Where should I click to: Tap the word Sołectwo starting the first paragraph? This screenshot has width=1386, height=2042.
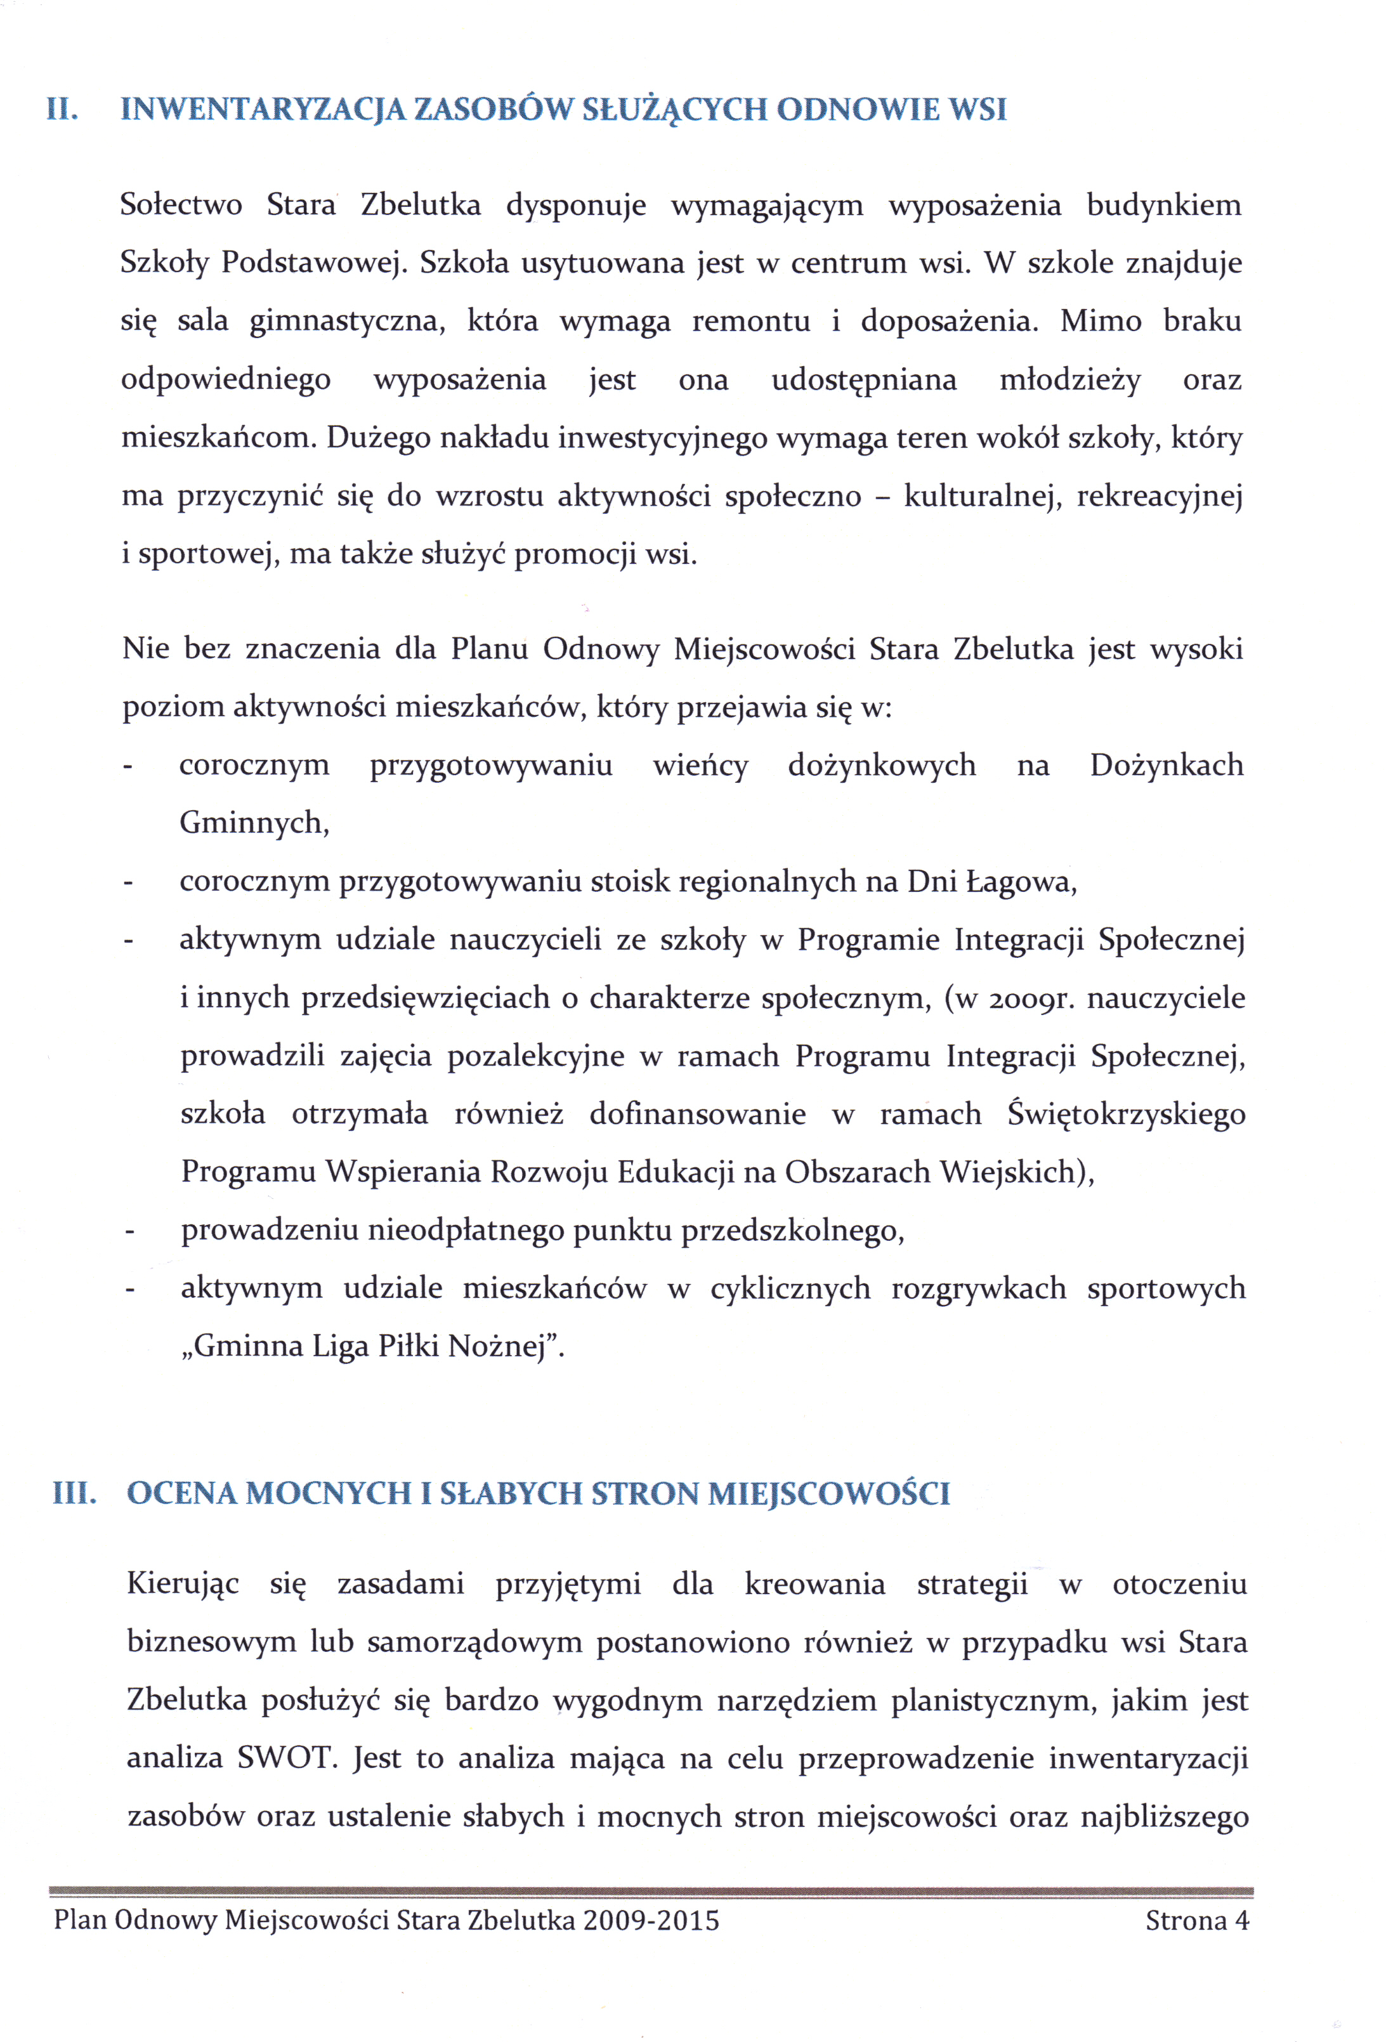pos(181,205)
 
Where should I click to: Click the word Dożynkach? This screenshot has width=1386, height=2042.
pos(1167,765)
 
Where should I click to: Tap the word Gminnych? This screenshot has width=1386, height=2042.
pos(254,823)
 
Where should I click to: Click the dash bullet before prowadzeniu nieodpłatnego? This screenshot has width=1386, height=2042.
pos(129,1232)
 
